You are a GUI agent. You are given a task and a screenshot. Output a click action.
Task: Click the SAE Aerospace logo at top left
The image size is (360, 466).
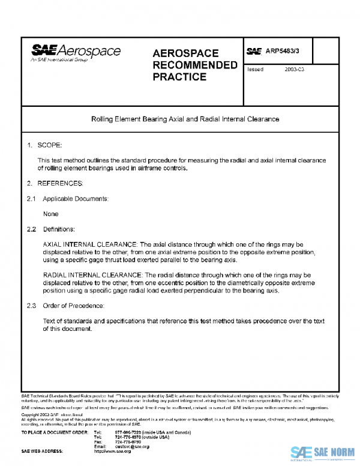coord(76,54)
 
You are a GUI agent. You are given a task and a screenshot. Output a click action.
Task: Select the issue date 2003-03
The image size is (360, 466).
coord(295,70)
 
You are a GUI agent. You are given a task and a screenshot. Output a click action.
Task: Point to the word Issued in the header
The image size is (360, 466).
coord(255,70)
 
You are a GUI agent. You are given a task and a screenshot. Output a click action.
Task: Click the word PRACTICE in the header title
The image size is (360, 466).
coord(179,77)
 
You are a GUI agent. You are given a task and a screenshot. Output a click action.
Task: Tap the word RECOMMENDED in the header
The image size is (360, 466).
coord(195,65)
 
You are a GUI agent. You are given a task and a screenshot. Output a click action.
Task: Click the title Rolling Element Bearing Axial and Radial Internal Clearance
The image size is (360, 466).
coord(180,119)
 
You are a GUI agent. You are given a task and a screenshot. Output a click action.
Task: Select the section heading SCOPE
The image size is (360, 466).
coord(50,145)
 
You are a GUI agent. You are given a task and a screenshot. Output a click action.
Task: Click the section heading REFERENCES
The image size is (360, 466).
coord(60,182)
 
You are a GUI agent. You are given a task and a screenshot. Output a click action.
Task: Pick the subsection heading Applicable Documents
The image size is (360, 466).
coord(75,198)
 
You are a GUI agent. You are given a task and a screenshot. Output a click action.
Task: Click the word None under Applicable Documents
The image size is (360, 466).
coord(51,214)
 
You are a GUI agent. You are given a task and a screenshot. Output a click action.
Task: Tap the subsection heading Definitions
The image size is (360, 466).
coord(59,229)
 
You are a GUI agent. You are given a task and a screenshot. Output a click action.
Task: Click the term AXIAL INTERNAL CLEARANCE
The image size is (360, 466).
coord(90,245)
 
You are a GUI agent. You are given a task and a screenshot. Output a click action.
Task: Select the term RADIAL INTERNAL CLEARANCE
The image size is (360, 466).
coord(93,274)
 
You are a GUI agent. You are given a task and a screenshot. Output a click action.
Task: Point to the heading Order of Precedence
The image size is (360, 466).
coord(74,306)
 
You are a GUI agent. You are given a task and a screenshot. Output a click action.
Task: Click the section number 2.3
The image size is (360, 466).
coord(31,306)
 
